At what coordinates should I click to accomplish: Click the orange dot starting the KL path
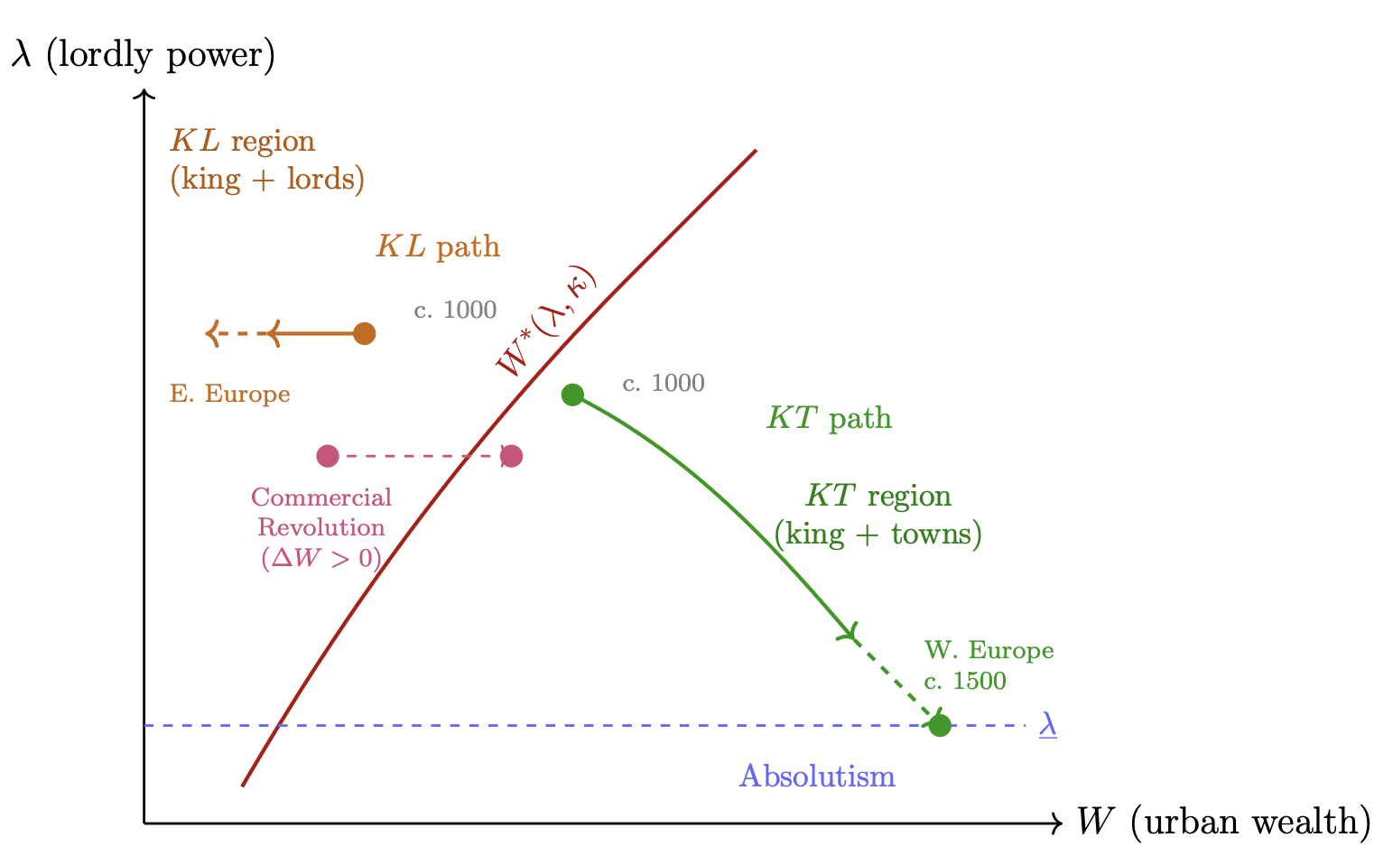click(x=364, y=333)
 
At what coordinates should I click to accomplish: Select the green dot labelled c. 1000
click(x=572, y=395)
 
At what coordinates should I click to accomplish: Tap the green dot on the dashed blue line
click(x=940, y=725)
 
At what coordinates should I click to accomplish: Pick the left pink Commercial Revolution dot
click(x=328, y=456)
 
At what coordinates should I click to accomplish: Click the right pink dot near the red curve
click(x=512, y=456)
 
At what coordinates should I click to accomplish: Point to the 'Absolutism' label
click(x=817, y=777)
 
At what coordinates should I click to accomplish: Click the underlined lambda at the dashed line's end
click(x=1047, y=725)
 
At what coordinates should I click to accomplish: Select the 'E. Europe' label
click(x=230, y=395)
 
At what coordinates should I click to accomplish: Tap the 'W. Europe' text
click(x=989, y=651)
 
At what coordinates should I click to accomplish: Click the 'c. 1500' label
click(x=964, y=681)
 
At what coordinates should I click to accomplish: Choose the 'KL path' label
click(x=438, y=246)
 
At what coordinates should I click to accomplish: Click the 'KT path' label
click(x=829, y=419)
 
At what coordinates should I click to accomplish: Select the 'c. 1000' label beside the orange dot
click(x=455, y=311)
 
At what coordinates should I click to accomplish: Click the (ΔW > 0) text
click(x=321, y=558)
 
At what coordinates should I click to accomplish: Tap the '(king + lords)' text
click(x=267, y=179)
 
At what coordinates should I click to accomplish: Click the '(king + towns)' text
click(x=877, y=535)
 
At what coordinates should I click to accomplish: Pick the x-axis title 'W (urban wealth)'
click(x=1223, y=822)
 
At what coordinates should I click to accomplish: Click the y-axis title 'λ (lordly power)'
click(x=143, y=56)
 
